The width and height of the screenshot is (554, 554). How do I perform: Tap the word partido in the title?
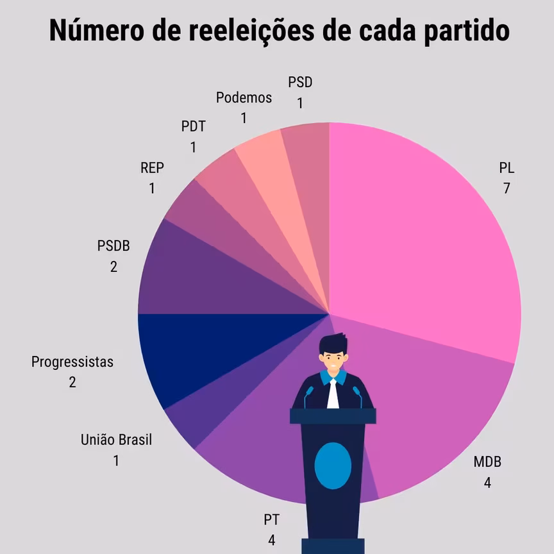467,30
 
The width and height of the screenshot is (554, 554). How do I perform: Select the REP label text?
152,168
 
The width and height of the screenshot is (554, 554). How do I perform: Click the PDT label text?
193,126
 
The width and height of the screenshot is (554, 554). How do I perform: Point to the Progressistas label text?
72,362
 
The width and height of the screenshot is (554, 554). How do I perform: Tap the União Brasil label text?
116,440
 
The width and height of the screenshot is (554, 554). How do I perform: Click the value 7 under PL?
507,189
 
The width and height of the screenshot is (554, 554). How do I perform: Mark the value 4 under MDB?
487,482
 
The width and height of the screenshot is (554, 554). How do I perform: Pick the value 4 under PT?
271,540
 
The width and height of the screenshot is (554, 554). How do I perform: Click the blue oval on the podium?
333,466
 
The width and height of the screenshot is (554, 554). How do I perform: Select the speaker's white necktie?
333,394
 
